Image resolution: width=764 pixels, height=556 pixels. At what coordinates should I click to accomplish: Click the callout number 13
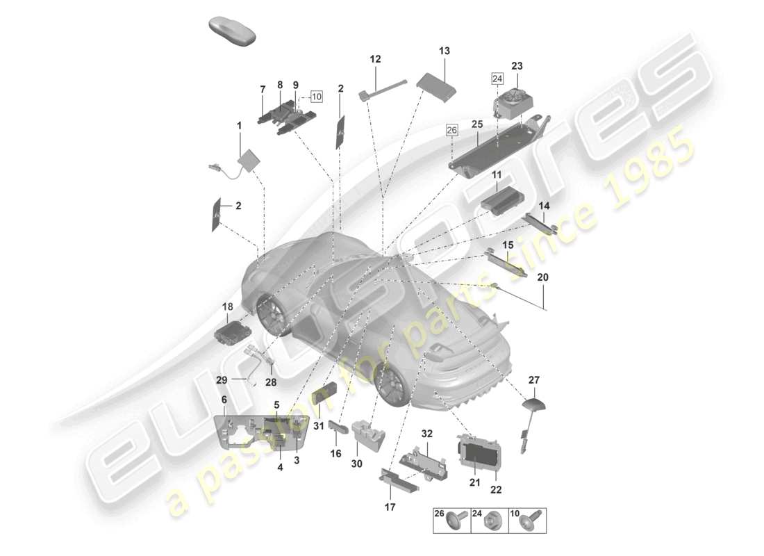(x=445, y=51)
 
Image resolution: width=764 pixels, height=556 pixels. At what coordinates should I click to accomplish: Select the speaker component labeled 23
(x=514, y=99)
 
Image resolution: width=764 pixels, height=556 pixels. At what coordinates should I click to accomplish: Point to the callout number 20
(x=542, y=277)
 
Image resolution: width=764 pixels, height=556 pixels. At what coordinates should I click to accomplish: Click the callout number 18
(x=228, y=306)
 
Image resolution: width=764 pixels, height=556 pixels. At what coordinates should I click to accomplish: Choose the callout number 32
(x=427, y=434)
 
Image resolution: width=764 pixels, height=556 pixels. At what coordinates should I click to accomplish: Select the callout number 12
(x=375, y=60)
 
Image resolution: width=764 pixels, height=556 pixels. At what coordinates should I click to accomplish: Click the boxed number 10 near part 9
(x=316, y=97)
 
